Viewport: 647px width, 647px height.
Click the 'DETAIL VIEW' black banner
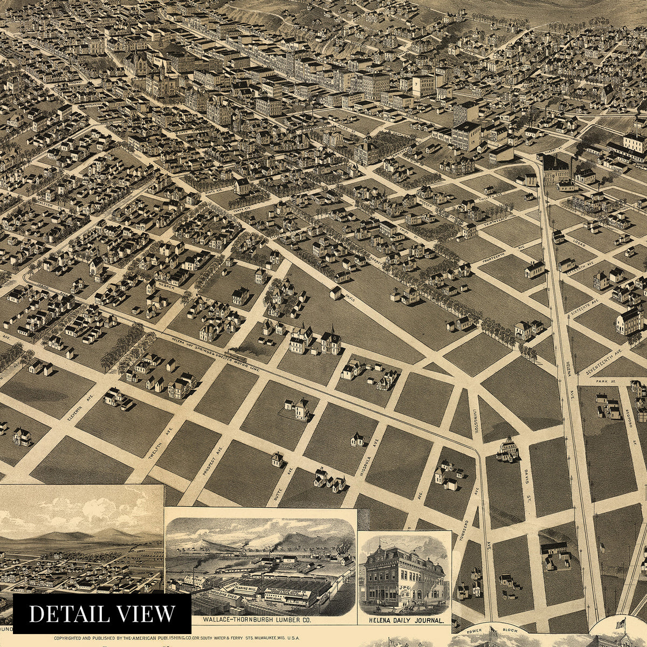[102, 614]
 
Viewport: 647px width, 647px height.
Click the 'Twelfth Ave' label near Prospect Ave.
[158, 448]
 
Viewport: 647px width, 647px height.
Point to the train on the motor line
[236, 356]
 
